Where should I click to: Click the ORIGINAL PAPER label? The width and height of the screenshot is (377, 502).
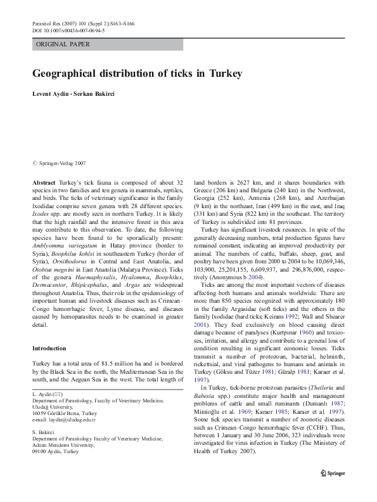pos(63,44)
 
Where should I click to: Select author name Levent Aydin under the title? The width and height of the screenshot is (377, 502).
pos(53,94)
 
